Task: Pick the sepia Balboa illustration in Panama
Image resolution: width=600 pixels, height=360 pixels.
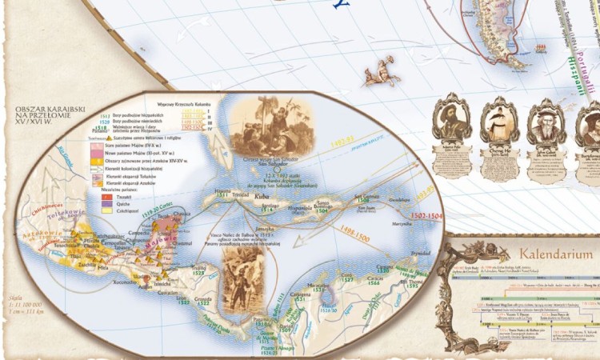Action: [x=242, y=276]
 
